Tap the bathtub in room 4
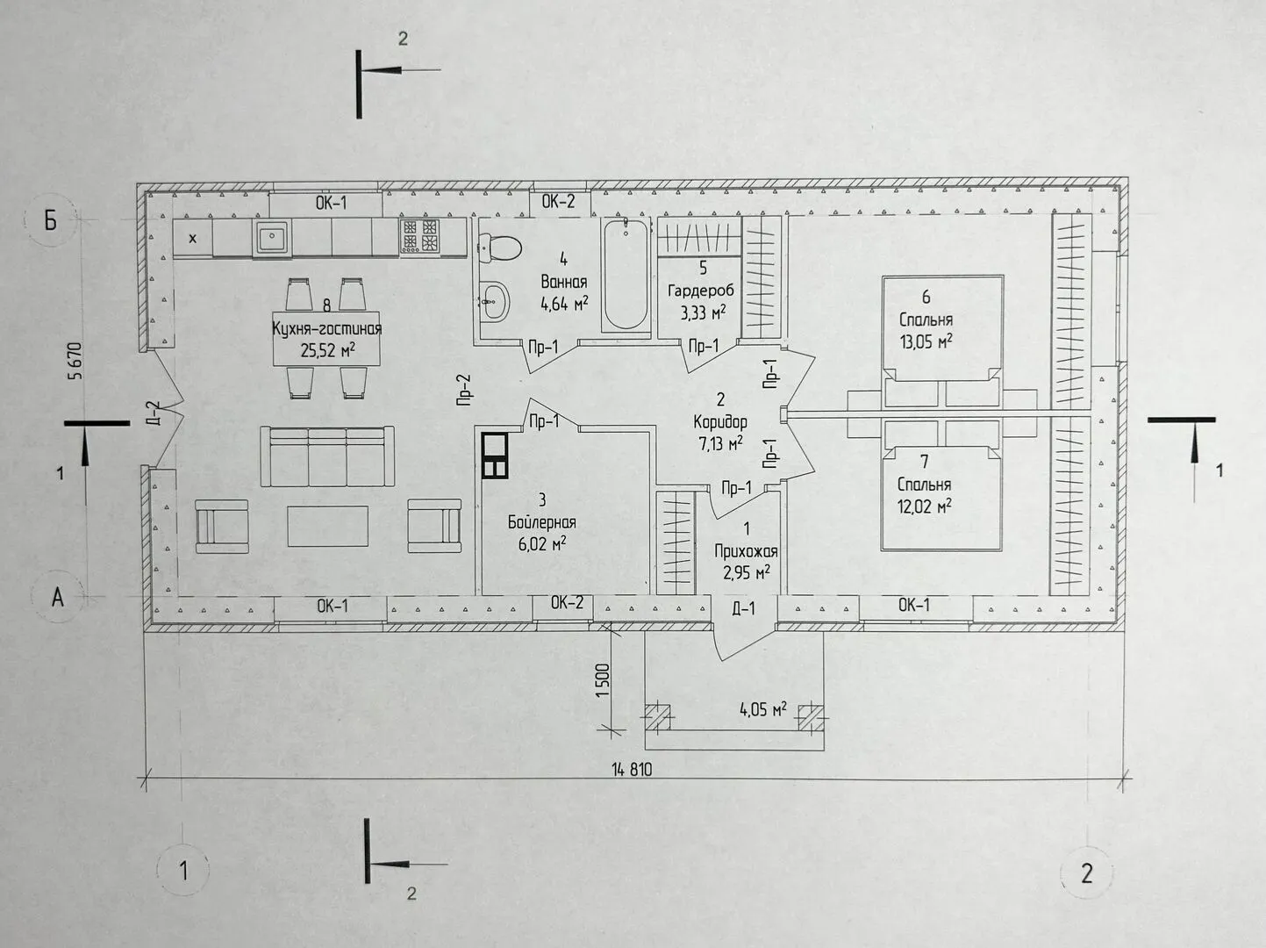[626, 275]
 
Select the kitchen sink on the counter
[272, 238]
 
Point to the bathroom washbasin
[494, 300]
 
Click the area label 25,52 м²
[327, 349]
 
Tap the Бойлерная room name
[541, 523]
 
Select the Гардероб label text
[701, 291]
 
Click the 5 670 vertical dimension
[75, 361]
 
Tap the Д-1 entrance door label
[743, 608]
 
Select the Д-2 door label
[153, 413]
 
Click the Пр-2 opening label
[464, 391]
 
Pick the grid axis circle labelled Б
[51, 219]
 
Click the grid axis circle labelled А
[58, 597]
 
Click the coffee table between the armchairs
[327, 526]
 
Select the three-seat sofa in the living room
[327, 456]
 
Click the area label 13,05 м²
[926, 341]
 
